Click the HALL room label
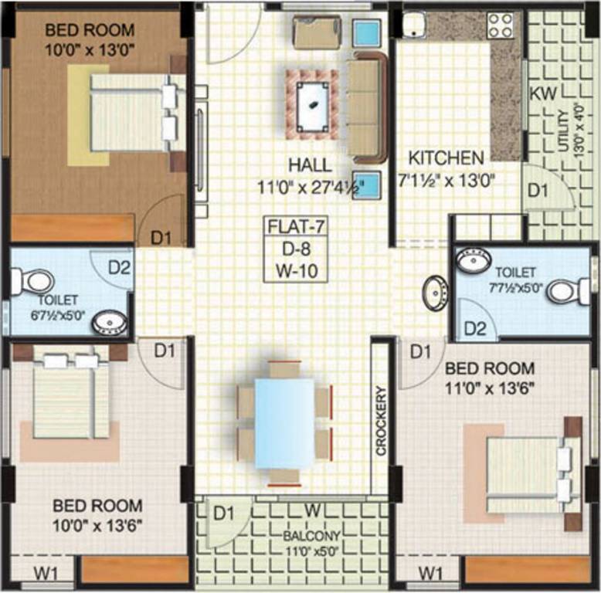310,164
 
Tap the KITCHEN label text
446,158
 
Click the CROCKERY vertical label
379,421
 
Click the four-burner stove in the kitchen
501,25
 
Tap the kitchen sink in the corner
414,25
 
